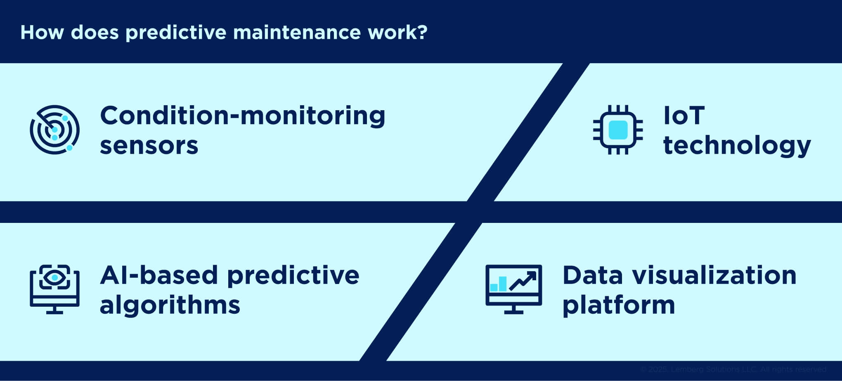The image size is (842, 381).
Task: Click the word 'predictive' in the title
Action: point(176,33)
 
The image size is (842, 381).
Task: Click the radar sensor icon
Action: point(54,130)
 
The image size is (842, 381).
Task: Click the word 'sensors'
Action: point(149,145)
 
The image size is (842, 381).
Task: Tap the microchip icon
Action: point(618,130)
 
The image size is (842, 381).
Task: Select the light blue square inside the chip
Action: point(618,130)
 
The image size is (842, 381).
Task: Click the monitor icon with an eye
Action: point(54,289)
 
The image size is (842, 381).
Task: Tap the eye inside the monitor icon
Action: point(54,278)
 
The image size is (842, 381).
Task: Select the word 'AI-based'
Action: point(158,275)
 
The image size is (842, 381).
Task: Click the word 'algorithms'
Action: point(170,305)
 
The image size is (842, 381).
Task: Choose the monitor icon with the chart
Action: point(513,289)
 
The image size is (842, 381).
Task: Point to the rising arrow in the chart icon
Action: point(523,281)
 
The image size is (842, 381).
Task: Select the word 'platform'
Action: point(618,306)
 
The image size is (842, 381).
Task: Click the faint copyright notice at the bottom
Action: point(733,369)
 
